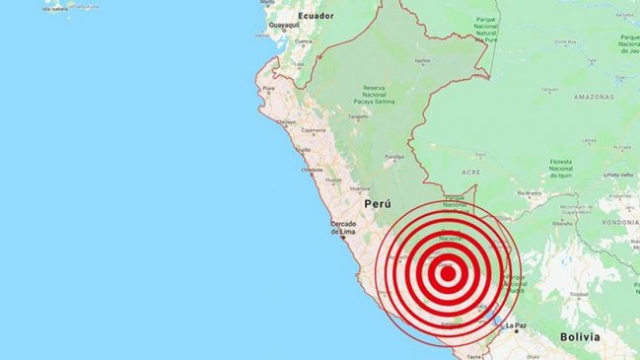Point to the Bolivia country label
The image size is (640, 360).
pos(579,336)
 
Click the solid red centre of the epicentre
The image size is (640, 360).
pos(447,273)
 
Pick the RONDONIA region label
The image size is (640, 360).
pos(618,221)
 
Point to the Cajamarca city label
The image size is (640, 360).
pos(313,129)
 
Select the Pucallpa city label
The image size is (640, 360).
pos(394,156)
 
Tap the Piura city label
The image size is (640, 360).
pos(267,89)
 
